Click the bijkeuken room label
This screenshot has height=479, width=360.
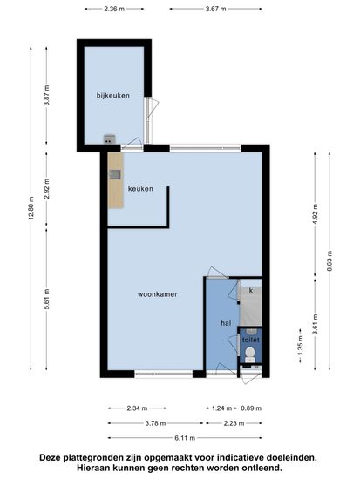tap(112, 95)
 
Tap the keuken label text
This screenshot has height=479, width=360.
tap(140, 189)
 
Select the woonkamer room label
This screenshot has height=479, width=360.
tap(157, 294)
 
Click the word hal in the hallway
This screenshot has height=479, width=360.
tap(226, 323)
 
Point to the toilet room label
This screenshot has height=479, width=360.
tap(250, 340)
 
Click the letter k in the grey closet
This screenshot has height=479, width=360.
tap(251, 290)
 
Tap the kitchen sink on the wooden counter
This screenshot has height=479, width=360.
tap(115, 174)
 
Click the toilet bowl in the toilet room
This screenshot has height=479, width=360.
tap(250, 354)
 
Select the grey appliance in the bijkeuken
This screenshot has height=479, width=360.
tap(109, 139)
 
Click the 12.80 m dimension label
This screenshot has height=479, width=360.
tap(31, 209)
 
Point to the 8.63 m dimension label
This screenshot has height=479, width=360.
tap(329, 260)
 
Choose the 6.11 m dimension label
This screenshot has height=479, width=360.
tap(185, 438)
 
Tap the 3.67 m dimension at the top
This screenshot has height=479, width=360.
tap(215, 9)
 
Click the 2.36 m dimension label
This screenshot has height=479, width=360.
tap(114, 9)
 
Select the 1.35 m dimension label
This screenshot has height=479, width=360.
tap(300, 346)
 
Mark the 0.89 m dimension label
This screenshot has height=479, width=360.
tap(251, 408)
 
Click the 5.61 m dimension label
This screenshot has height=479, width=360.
tap(46, 299)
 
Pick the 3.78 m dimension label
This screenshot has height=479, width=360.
tap(155, 423)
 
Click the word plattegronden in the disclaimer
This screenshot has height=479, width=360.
tap(94, 458)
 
